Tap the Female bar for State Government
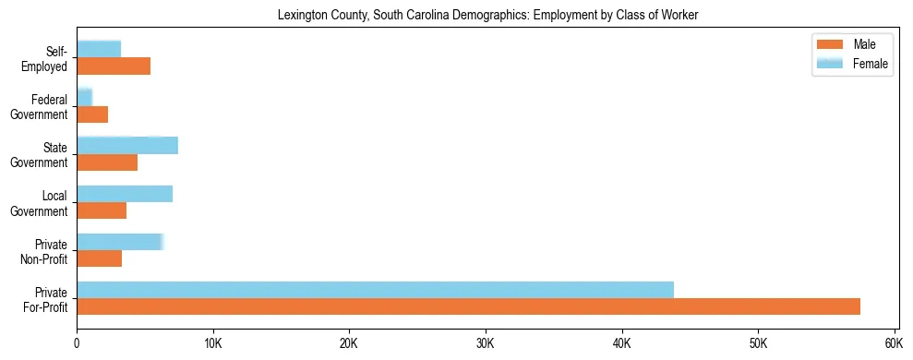(x=127, y=145)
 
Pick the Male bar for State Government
(x=107, y=162)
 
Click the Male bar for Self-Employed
(x=114, y=66)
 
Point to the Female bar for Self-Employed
(x=99, y=49)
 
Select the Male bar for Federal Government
(x=92, y=114)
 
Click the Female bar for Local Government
(x=125, y=193)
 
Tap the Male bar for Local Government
(x=102, y=210)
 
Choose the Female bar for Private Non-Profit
(x=120, y=241)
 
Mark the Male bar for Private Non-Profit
(x=100, y=258)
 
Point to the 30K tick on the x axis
(x=486, y=343)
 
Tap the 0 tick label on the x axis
(x=77, y=343)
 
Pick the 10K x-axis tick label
(x=213, y=343)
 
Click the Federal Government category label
(x=39, y=107)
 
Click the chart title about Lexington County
(x=487, y=15)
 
